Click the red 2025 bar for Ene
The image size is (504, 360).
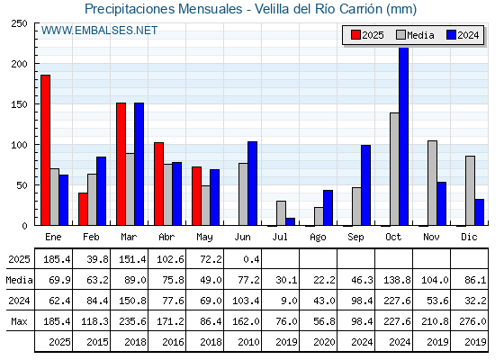pyautogui.click(x=45, y=150)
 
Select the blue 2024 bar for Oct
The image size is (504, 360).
pyautogui.click(x=404, y=136)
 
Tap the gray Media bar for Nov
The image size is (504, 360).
pyautogui.click(x=432, y=183)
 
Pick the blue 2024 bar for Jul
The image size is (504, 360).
pyautogui.click(x=290, y=221)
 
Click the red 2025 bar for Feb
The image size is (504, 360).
pyautogui.click(x=83, y=209)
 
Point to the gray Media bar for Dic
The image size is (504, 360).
pyautogui.click(x=470, y=191)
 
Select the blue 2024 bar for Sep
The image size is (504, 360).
pyautogui.click(x=365, y=185)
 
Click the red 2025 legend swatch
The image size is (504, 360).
pyautogui.click(x=355, y=35)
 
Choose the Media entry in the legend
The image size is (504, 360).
pyautogui.click(x=415, y=35)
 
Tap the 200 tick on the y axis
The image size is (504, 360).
pyautogui.click(x=20, y=64)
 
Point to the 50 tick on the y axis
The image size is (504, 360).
pyautogui.click(x=22, y=185)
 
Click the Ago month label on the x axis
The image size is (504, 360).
pyautogui.click(x=318, y=238)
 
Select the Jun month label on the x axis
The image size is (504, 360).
pyautogui.click(x=242, y=237)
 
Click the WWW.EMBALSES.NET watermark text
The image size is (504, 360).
pyautogui.click(x=99, y=31)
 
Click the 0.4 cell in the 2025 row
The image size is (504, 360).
pyautogui.click(x=251, y=259)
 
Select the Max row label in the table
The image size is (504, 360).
pyautogui.click(x=19, y=321)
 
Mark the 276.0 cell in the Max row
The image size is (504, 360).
pyautogui.click(x=472, y=321)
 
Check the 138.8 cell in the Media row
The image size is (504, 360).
pyautogui.click(x=397, y=280)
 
